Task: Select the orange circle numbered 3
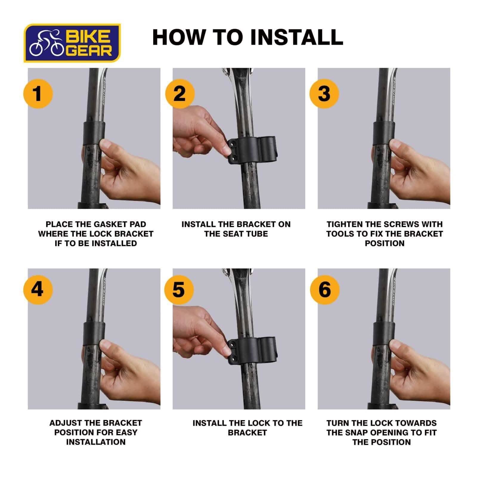coord(324,93)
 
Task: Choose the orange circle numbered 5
coord(179,289)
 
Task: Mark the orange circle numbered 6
coord(324,289)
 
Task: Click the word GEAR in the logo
coord(89,51)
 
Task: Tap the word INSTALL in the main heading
coord(296,37)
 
